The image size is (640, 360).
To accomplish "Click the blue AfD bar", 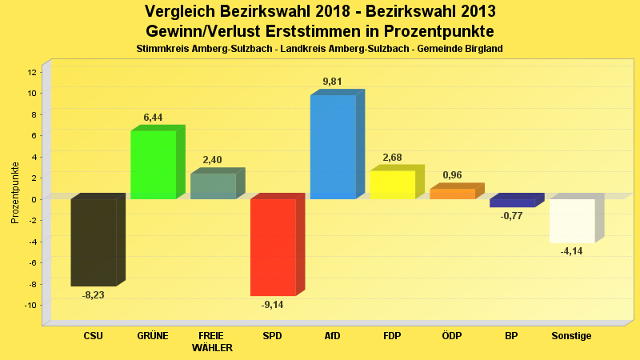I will pos(333,147).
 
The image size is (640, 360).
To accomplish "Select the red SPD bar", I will pos(273,247).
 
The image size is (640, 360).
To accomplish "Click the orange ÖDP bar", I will pos(452,194).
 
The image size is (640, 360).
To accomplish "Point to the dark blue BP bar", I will pos(512,202).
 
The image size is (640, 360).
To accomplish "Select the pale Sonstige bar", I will pos(571,221).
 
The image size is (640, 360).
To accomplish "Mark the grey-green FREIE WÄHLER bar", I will pos(213,186).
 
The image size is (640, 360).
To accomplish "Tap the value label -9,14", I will pos(274,305).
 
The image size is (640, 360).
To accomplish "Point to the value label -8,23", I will pos(94,295).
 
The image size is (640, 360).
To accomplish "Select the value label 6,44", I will pos(153,118).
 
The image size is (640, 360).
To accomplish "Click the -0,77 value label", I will pos(511,216).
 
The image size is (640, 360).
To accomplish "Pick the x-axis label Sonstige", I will pos(571,336).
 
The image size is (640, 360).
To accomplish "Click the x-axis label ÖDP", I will pos(452,336).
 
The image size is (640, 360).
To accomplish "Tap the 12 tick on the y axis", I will pos(31,72).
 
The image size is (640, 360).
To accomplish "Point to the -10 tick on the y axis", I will pos(30,306).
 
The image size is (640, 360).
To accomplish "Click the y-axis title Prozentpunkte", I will pos(15,193).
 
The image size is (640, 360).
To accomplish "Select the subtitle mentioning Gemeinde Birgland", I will pos(320,49).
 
